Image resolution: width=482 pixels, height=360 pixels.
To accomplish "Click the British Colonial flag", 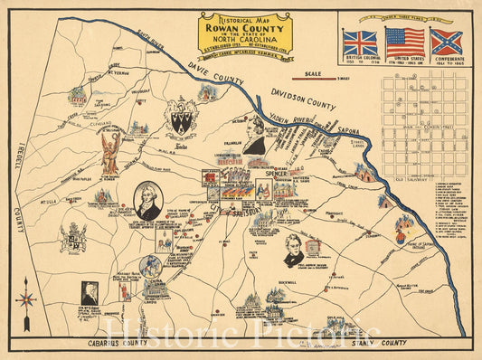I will pyautogui.click(x=360, y=42).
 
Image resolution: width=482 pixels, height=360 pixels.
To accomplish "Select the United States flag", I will pyautogui.click(x=403, y=42).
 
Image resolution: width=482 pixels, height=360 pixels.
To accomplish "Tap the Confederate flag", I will pyautogui.click(x=446, y=42).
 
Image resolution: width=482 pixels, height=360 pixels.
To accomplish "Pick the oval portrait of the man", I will pyautogui.click(x=149, y=201).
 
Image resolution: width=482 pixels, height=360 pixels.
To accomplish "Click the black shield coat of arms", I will pyautogui.click(x=181, y=119).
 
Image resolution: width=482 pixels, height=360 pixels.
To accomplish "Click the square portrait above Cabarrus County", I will pyautogui.click(x=90, y=291).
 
